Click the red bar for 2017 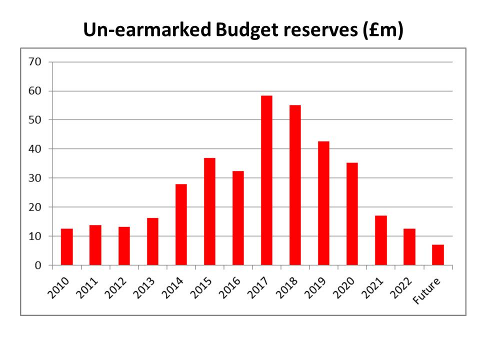(266, 180)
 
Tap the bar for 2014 (181, 224)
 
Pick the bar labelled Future (438, 254)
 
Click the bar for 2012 (124, 246)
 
